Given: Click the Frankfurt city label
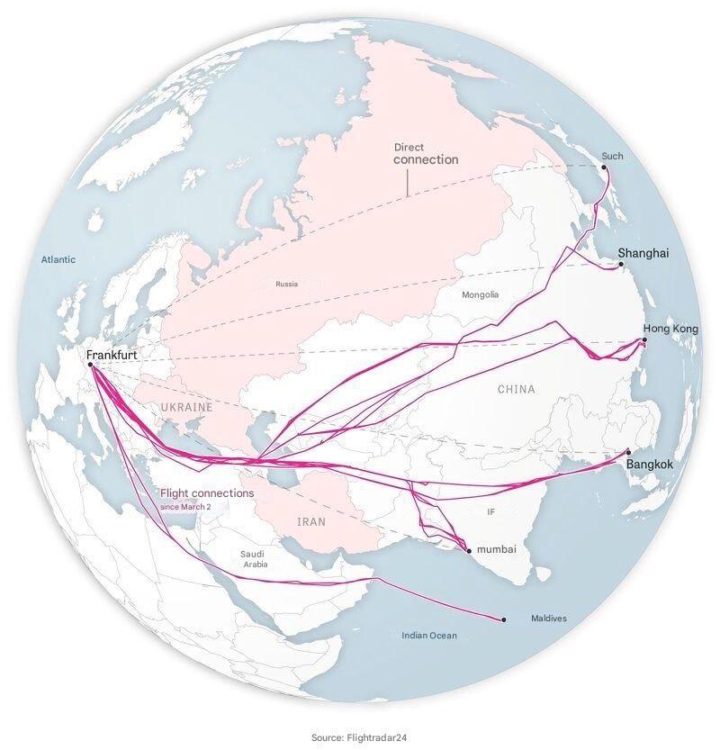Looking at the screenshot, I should [x=112, y=355].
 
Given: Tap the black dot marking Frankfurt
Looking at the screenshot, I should [x=91, y=365].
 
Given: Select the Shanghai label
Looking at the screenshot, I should [x=643, y=254].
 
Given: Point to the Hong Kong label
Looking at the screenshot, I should [x=670, y=330].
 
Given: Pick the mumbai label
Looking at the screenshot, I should [x=497, y=548].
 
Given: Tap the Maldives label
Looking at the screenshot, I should [x=548, y=619].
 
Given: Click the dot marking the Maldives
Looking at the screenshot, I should [x=504, y=619].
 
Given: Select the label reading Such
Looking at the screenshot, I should [x=612, y=156].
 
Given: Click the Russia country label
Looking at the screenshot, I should [x=286, y=285].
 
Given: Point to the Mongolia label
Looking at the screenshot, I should [x=480, y=294].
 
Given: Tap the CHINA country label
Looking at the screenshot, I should [x=516, y=389].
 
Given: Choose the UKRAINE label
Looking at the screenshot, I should [x=187, y=407].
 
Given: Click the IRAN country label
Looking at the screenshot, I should [x=311, y=521].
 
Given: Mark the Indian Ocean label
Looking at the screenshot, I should [x=428, y=636].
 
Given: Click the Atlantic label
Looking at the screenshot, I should [x=58, y=259].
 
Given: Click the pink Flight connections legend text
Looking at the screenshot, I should [x=207, y=493].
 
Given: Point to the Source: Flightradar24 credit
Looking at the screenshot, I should [x=360, y=737].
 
